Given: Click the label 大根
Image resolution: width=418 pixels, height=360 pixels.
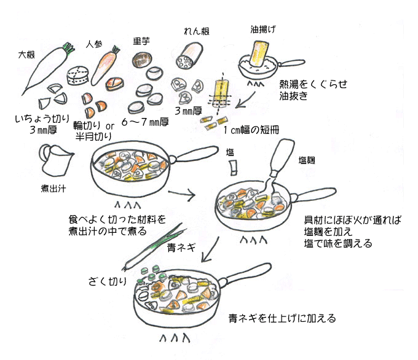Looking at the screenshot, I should (x=26, y=55).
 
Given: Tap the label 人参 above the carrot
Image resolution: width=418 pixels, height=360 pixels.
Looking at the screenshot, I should (x=93, y=45).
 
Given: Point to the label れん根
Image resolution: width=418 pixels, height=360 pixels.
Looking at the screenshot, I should (x=196, y=31).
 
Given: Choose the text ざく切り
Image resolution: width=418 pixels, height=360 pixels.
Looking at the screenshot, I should (x=108, y=281).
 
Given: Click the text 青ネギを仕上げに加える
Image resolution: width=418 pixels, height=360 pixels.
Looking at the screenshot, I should (x=282, y=318).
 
